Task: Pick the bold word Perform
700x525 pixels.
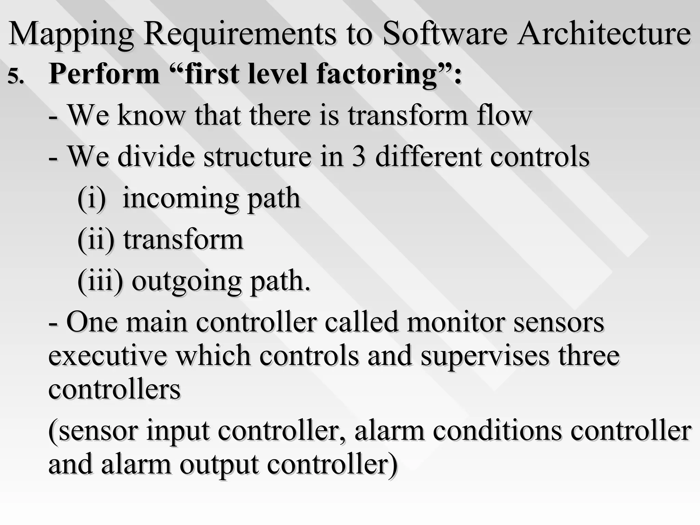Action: tap(104, 75)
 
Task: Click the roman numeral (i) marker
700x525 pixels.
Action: tap(92, 198)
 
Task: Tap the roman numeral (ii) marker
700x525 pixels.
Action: tap(96, 240)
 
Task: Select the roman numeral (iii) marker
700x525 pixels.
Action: tap(100, 281)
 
